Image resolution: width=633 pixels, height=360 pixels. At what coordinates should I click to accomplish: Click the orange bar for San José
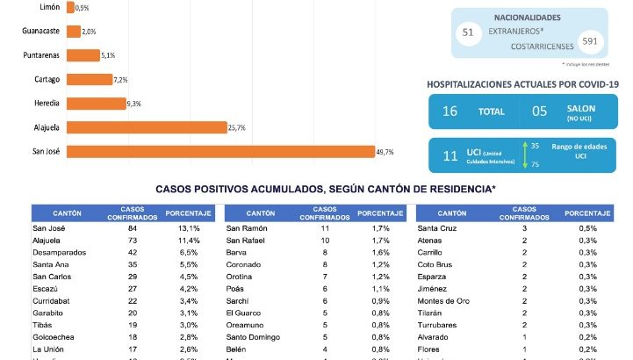tap(219, 152)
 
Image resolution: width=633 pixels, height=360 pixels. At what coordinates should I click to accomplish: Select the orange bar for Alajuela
tap(146, 127)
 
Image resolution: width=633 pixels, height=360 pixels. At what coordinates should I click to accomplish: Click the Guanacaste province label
tap(40, 31)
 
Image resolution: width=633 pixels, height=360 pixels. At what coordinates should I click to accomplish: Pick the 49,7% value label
tap(385, 152)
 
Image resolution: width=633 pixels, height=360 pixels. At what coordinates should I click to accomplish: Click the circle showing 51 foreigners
tap(467, 32)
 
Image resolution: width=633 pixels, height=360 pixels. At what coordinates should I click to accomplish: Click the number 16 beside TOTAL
tap(450, 112)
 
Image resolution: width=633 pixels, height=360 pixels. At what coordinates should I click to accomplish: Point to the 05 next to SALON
tap(541, 112)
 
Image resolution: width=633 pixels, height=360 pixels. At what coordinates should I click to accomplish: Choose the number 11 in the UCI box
tap(450, 155)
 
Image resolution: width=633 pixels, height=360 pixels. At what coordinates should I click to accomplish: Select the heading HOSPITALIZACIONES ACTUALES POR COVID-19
tap(523, 83)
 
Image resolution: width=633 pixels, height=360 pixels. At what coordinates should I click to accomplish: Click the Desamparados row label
tap(60, 252)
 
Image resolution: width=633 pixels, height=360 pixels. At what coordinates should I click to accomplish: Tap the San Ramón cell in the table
tap(247, 228)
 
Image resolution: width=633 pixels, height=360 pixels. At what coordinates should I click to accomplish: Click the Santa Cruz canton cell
tap(436, 228)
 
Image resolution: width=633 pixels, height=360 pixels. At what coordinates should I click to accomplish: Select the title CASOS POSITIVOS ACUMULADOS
tap(326, 189)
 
